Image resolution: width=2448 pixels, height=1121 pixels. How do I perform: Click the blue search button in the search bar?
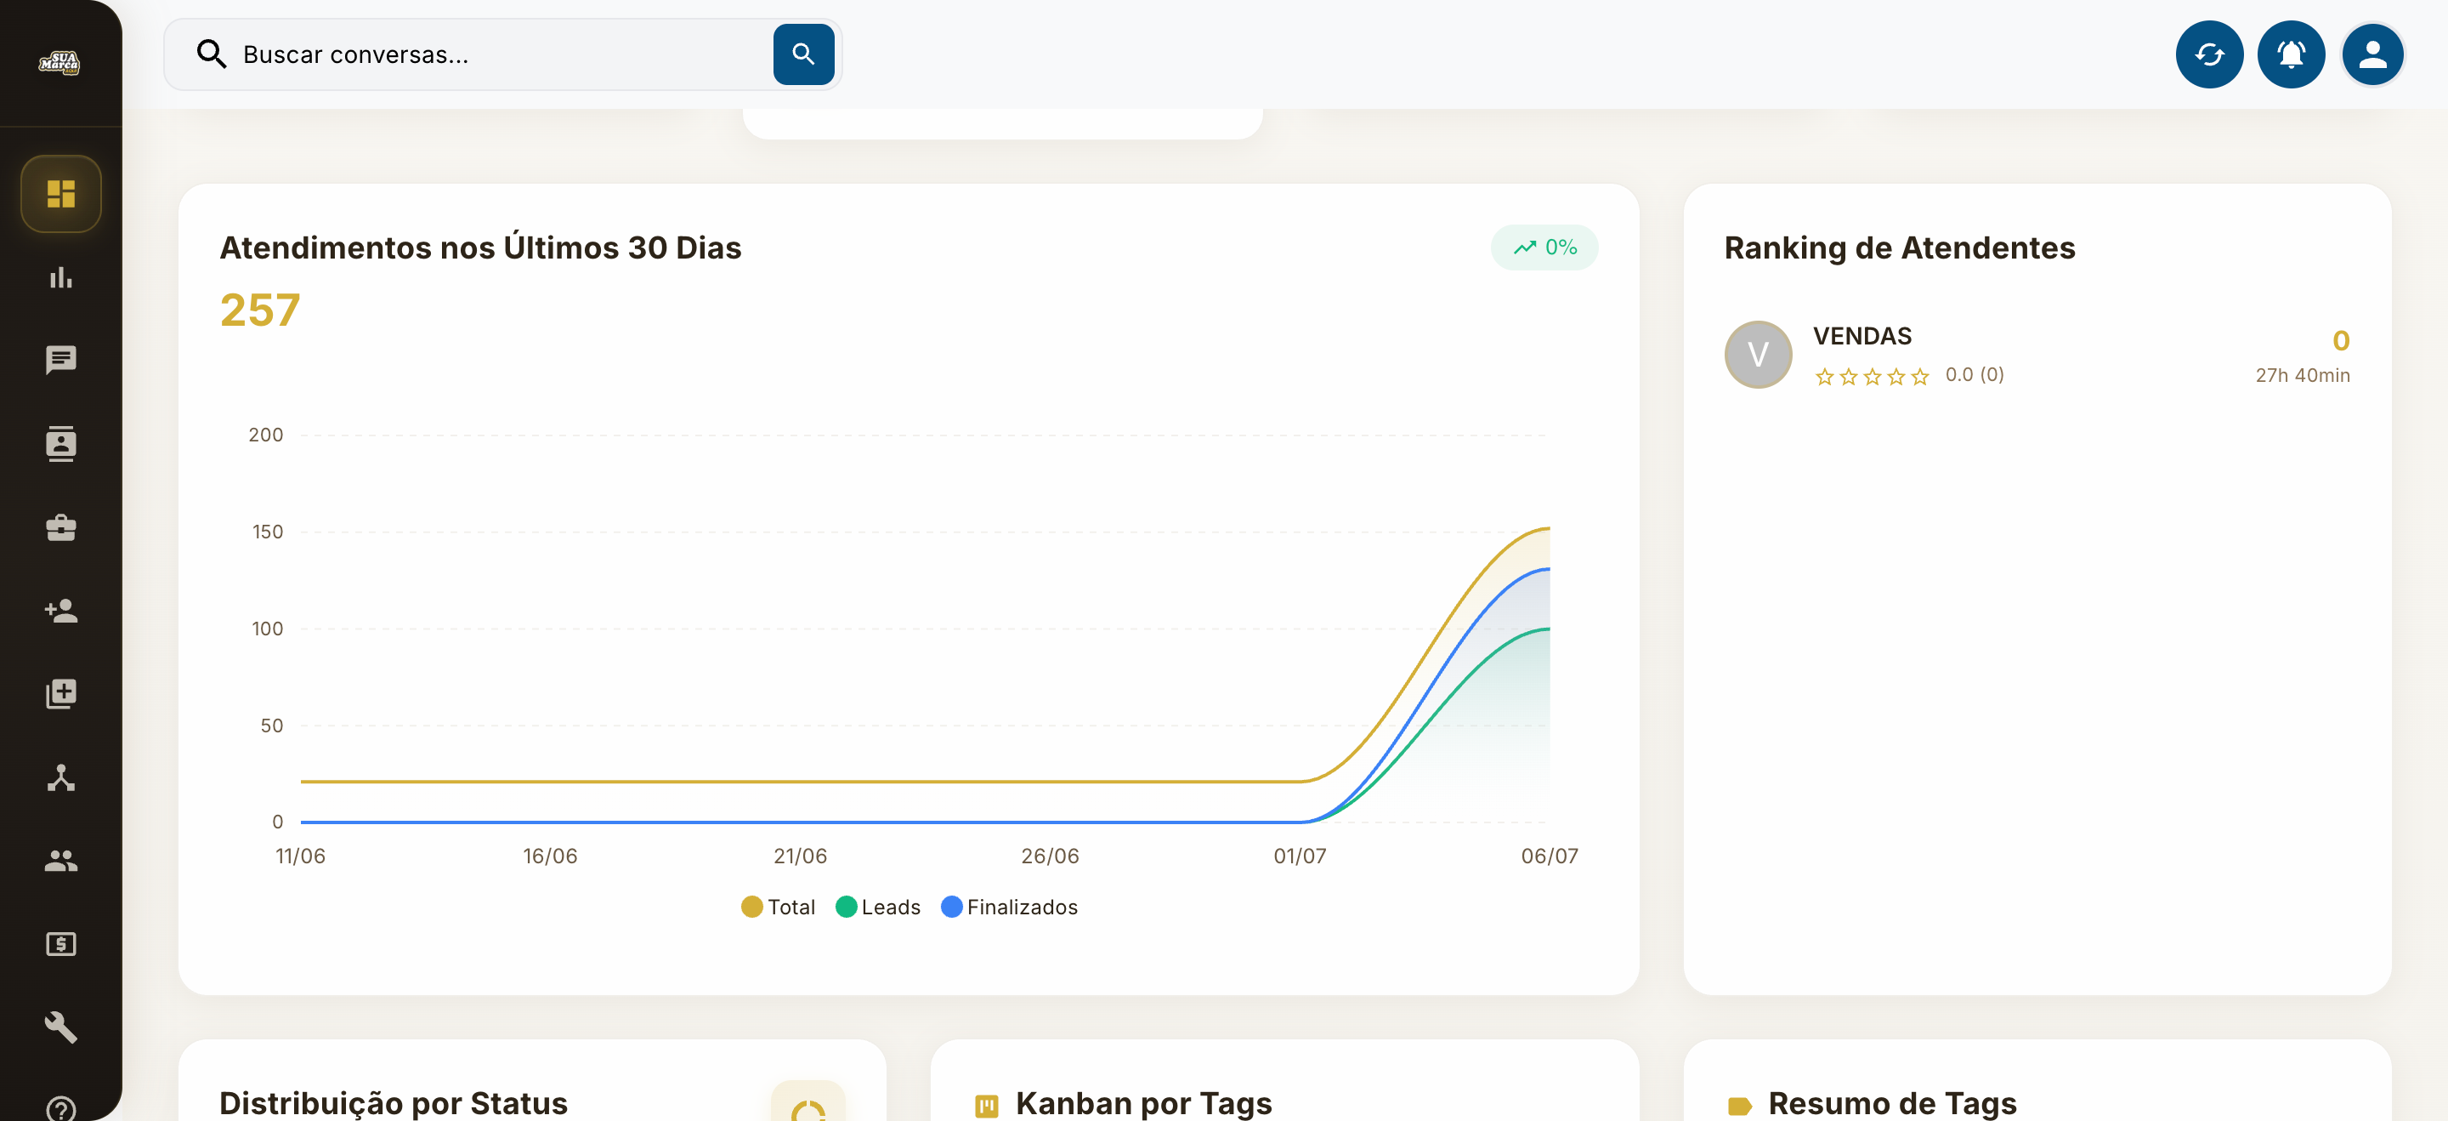point(803,54)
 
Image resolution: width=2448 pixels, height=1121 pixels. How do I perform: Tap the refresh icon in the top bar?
point(2208,54)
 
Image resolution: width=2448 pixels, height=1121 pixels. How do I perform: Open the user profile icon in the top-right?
point(2372,54)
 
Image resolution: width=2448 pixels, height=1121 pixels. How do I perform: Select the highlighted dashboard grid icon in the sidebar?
point(61,194)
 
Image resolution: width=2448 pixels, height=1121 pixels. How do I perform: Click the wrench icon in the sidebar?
point(61,1027)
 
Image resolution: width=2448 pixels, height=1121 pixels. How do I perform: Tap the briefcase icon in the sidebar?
point(61,527)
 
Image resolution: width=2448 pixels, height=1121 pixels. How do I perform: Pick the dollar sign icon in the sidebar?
point(61,944)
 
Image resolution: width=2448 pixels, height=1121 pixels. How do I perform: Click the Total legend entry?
point(779,907)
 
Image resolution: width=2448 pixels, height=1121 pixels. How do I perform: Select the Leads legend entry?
point(878,907)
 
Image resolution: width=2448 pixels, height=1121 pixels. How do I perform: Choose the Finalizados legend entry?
point(1009,907)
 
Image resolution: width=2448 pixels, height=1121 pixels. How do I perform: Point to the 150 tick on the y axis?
point(267,532)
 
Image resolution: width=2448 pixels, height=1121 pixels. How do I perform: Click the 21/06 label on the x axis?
point(800,856)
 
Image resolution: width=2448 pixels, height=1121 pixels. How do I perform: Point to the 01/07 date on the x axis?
point(1299,856)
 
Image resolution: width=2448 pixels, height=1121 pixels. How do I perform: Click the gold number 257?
point(259,310)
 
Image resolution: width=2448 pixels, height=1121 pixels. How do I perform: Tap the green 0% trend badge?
point(1544,248)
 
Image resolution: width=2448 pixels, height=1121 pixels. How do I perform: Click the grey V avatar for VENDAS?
point(1758,355)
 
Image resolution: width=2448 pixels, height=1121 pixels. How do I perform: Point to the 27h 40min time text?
point(2303,376)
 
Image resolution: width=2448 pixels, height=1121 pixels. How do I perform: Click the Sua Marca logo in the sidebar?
point(59,63)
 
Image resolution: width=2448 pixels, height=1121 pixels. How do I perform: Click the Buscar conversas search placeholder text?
point(355,55)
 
